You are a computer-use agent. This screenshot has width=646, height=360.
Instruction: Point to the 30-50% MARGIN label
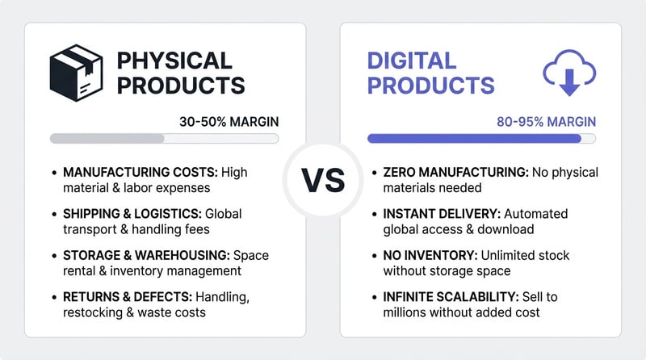click(229, 122)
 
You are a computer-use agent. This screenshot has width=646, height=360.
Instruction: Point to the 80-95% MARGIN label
click(547, 122)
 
